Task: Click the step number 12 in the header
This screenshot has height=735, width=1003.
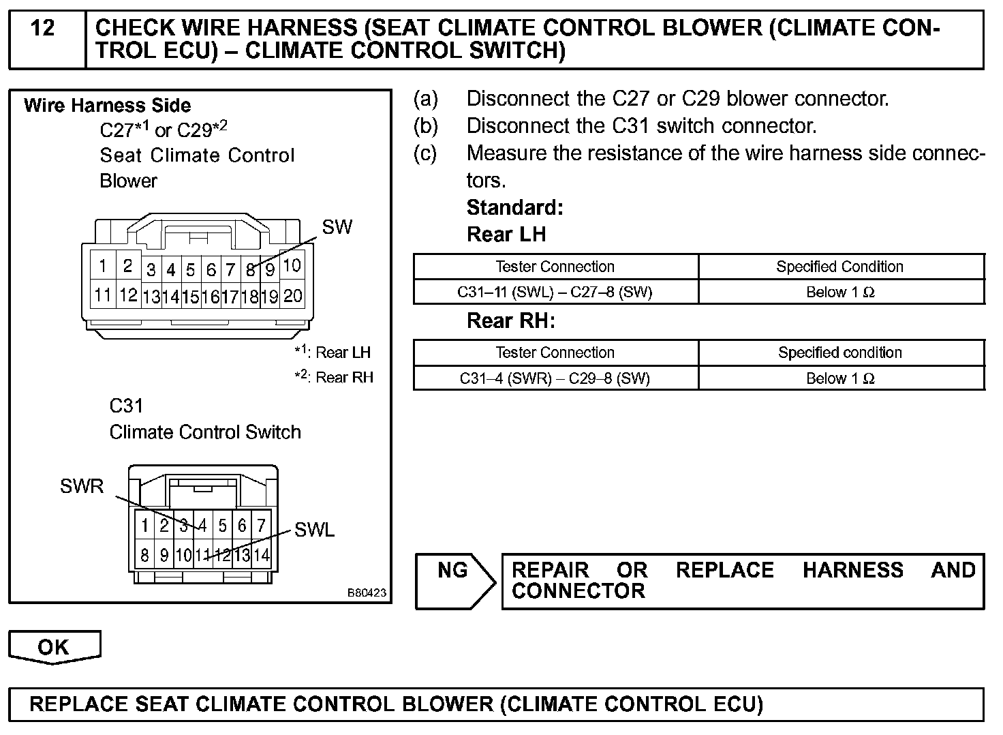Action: tap(43, 29)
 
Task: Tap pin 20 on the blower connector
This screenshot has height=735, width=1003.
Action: tap(292, 295)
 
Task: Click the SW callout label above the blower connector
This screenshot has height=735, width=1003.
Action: tap(337, 227)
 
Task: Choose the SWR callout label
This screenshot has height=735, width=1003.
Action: tap(82, 486)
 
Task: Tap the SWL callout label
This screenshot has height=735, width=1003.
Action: tap(314, 530)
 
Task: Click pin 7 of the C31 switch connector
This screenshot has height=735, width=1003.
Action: tap(261, 525)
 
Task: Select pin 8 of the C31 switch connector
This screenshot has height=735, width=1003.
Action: tap(144, 555)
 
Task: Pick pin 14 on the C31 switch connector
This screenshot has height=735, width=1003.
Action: tap(262, 555)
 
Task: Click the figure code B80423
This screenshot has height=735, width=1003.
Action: tap(367, 593)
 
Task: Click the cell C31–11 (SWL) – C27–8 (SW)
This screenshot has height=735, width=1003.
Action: tap(555, 292)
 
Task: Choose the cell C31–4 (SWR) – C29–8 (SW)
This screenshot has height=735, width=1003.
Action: tap(555, 378)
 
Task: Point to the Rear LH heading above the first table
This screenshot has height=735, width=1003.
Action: tap(506, 235)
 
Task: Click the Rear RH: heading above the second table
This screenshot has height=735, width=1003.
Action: tap(510, 321)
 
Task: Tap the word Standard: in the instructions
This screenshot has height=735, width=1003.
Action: tap(514, 207)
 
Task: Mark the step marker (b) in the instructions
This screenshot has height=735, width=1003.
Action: tap(425, 126)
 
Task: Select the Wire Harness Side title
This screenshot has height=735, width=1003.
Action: tap(107, 106)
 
